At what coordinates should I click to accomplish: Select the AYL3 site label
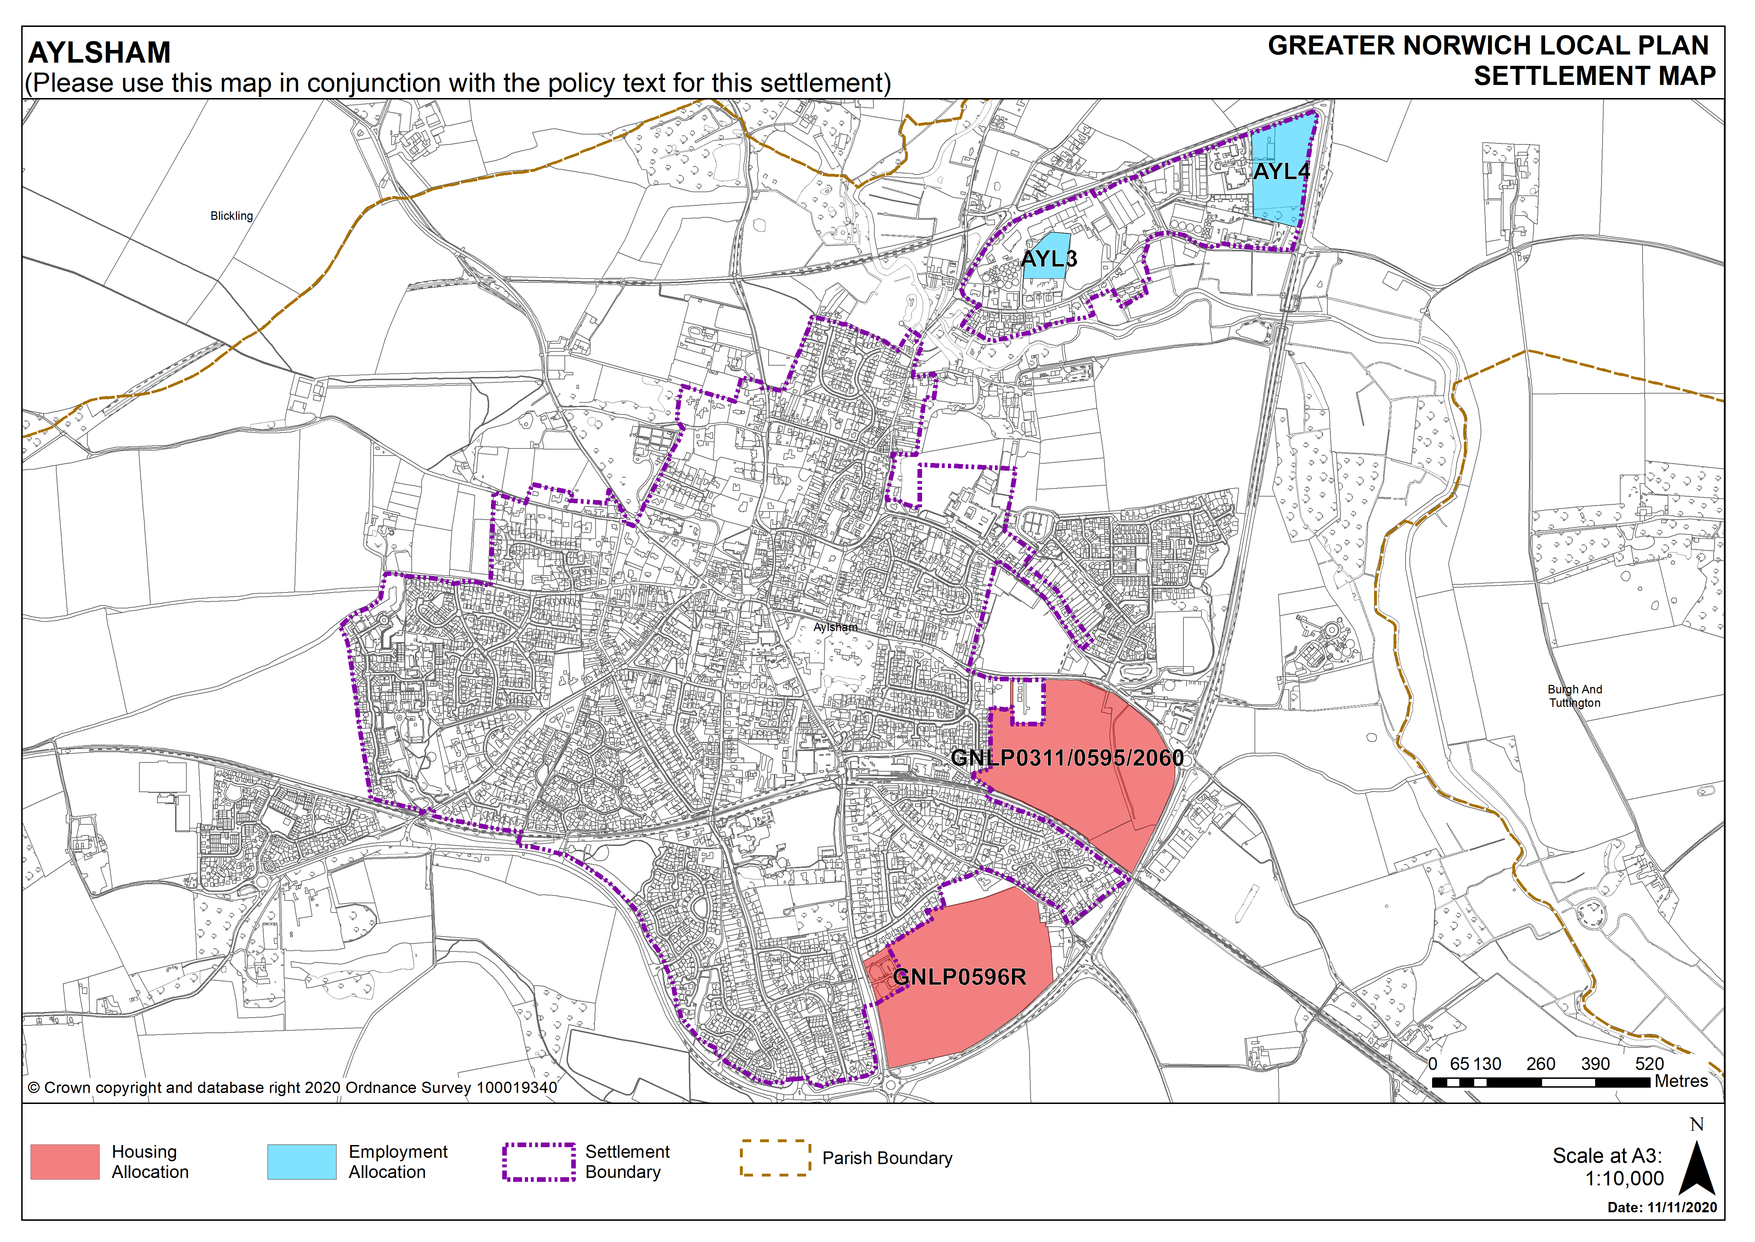pyautogui.click(x=1049, y=259)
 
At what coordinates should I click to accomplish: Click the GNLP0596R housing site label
pyautogui.click(x=959, y=977)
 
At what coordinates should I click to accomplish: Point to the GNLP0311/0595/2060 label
pyautogui.click(x=1067, y=758)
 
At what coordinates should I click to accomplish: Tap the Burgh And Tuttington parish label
pyautogui.click(x=1575, y=696)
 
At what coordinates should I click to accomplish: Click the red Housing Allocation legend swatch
pyautogui.click(x=65, y=1162)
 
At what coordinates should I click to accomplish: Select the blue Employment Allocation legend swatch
pyautogui.click(x=302, y=1162)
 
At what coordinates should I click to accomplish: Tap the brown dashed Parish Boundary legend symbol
pyautogui.click(x=775, y=1158)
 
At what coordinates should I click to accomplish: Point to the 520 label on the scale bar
pyautogui.click(x=1649, y=1064)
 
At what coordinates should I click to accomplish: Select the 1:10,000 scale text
pyautogui.click(x=1624, y=1179)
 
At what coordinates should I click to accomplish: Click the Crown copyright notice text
pyautogui.click(x=293, y=1088)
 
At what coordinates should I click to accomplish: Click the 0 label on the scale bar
pyautogui.click(x=1432, y=1064)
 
